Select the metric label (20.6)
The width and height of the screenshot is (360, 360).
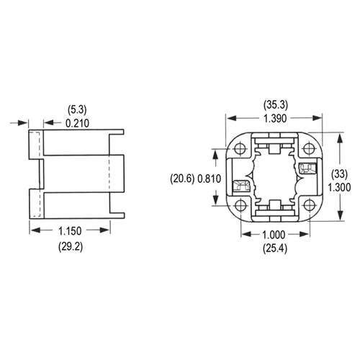pyautogui.click(x=181, y=178)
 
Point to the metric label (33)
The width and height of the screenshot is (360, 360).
pyautogui.click(x=341, y=173)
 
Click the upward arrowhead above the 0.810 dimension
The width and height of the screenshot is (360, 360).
pyautogui.click(x=214, y=153)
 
